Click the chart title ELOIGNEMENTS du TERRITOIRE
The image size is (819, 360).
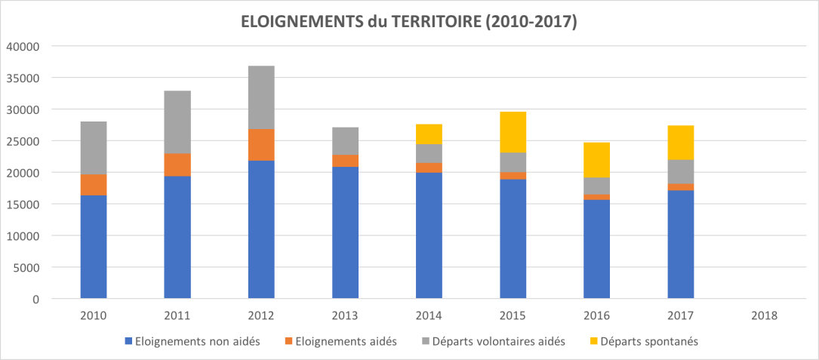(x=408, y=23)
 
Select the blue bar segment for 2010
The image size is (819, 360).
(x=94, y=247)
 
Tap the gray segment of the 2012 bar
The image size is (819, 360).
(x=261, y=97)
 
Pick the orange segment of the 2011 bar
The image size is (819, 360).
(x=177, y=165)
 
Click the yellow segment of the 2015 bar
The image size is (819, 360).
(x=513, y=132)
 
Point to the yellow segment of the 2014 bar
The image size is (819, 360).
(x=429, y=134)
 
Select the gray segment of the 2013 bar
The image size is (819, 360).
(x=345, y=141)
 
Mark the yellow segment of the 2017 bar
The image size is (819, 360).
(x=680, y=143)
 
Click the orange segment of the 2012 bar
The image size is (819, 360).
(x=261, y=145)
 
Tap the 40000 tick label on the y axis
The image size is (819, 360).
(x=23, y=46)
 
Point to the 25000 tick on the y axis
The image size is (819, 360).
(x=23, y=141)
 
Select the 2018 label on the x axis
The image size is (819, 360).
(x=764, y=315)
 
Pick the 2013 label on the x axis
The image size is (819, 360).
(x=345, y=315)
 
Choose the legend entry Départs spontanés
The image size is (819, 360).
(x=647, y=341)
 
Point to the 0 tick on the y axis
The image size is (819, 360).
(x=35, y=299)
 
